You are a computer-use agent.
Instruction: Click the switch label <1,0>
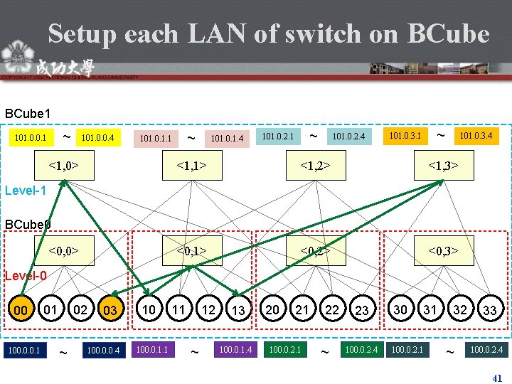click(63, 166)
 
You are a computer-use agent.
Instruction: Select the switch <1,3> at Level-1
click(443, 166)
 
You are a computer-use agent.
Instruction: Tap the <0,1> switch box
click(192, 250)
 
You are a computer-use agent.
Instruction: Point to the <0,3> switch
click(443, 250)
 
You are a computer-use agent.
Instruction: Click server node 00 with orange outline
click(21, 310)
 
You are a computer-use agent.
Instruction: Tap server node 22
click(332, 309)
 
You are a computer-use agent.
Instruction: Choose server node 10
click(149, 309)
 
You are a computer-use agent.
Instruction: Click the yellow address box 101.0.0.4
click(99, 136)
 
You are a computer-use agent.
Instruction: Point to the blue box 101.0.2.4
click(348, 136)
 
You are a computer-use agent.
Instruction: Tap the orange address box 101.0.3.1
click(404, 134)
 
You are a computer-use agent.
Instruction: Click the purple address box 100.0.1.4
click(235, 349)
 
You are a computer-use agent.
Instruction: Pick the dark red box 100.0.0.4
click(102, 350)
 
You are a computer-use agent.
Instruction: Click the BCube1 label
click(28, 113)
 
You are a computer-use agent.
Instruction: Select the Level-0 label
click(26, 276)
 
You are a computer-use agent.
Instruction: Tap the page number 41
click(497, 378)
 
